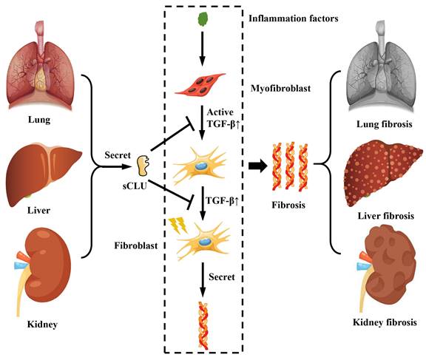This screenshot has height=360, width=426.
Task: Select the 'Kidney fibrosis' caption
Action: (x=384, y=322)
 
